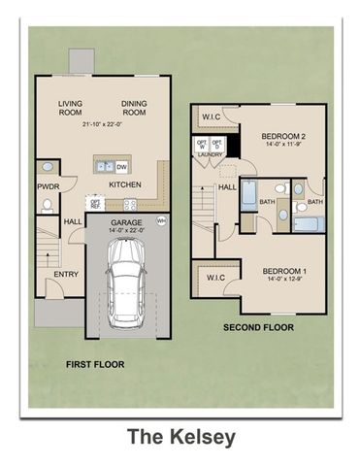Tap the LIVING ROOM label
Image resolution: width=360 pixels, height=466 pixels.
tap(71, 109)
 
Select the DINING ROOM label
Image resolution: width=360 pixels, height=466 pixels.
tap(134, 109)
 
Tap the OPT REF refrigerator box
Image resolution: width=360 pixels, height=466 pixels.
tap(97, 205)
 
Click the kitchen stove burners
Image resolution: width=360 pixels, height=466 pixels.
tap(128, 205)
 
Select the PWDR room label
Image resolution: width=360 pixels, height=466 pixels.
tap(49, 185)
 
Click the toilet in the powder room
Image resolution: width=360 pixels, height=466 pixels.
tap(47, 205)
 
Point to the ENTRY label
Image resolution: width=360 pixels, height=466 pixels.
tap(66, 274)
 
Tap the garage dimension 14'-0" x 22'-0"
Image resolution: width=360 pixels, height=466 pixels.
tap(126, 230)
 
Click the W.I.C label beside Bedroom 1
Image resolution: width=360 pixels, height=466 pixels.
tap(213, 279)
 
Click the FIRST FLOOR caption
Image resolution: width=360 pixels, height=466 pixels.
tap(94, 365)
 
